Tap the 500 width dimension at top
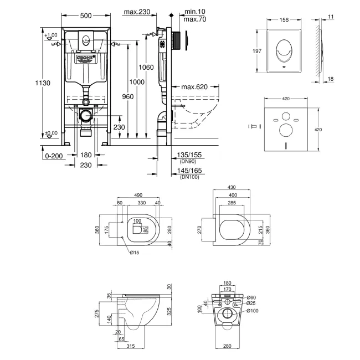(x=85, y=16)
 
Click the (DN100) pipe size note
(x=188, y=177)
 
